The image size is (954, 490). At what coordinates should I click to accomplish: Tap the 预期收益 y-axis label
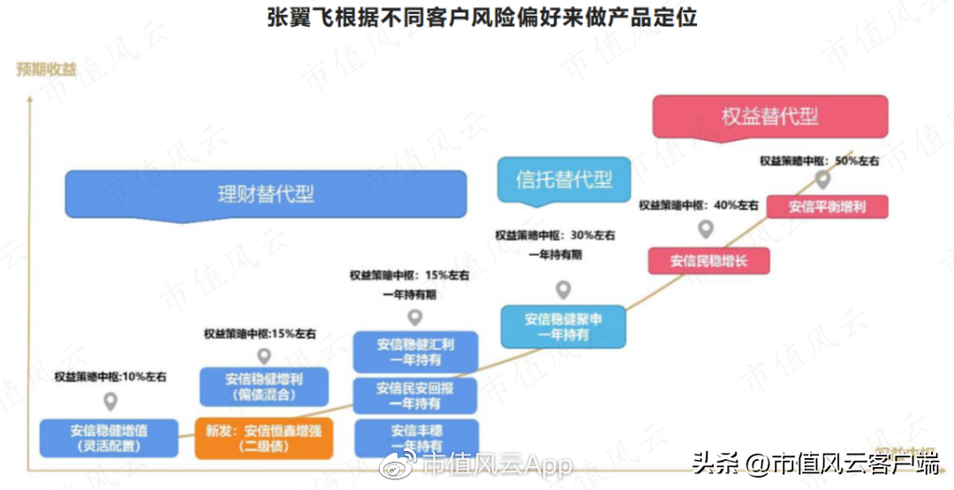click(x=46, y=69)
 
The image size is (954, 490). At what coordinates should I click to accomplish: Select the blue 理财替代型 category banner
click(x=265, y=194)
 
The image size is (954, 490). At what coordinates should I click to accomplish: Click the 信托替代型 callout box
click(x=564, y=180)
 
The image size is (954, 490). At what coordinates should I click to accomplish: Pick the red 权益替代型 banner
click(x=769, y=116)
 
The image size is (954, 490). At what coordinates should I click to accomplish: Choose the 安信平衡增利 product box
click(x=826, y=207)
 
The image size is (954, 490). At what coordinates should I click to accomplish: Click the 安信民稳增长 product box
click(x=708, y=261)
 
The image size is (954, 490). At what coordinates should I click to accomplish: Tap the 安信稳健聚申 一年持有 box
click(x=563, y=326)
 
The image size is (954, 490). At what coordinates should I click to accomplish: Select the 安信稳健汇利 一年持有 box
click(x=415, y=351)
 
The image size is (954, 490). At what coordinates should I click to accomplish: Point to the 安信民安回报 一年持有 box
click(x=415, y=395)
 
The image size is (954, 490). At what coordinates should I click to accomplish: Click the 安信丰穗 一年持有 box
click(x=416, y=438)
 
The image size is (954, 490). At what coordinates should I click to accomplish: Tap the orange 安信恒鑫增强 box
click(x=264, y=437)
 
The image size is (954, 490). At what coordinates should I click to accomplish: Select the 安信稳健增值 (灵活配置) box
click(x=110, y=438)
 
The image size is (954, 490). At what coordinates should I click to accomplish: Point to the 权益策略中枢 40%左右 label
click(x=698, y=205)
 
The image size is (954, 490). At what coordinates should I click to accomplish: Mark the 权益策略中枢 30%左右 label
click(x=555, y=235)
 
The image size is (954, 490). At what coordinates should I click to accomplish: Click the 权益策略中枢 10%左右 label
click(x=110, y=376)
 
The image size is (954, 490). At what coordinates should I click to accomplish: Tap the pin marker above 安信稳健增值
click(x=110, y=402)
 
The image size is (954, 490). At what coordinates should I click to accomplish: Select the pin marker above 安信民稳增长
click(x=706, y=230)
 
